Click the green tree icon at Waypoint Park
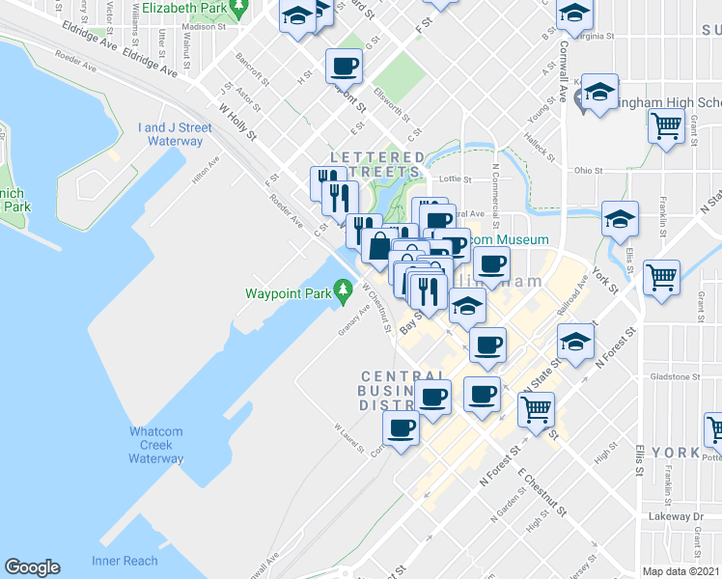pos(342,289)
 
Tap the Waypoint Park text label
pos(287,292)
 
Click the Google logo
pos(32,567)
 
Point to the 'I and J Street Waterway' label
pos(175,134)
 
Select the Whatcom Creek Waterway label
pos(155,445)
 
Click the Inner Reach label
pos(125,561)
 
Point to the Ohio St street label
pos(588,171)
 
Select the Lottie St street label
pos(454,179)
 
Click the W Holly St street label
pos(237,121)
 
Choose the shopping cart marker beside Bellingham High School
pos(666,125)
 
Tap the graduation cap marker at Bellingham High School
pos(599,94)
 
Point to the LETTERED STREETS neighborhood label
pos(376,165)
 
